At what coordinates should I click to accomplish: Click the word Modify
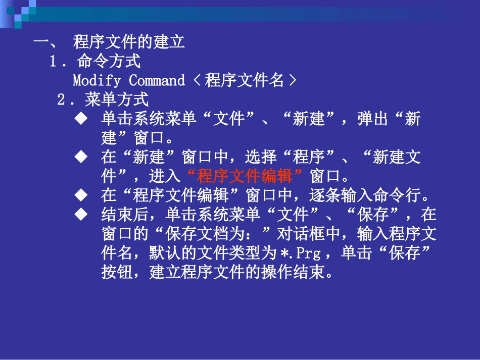(x=89, y=81)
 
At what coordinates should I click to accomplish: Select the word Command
(x=157, y=81)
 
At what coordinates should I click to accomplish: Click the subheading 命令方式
(x=109, y=62)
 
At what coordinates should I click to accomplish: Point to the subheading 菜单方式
(x=117, y=100)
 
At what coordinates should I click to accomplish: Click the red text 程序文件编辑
(x=245, y=177)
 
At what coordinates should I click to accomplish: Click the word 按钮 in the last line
(x=117, y=273)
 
